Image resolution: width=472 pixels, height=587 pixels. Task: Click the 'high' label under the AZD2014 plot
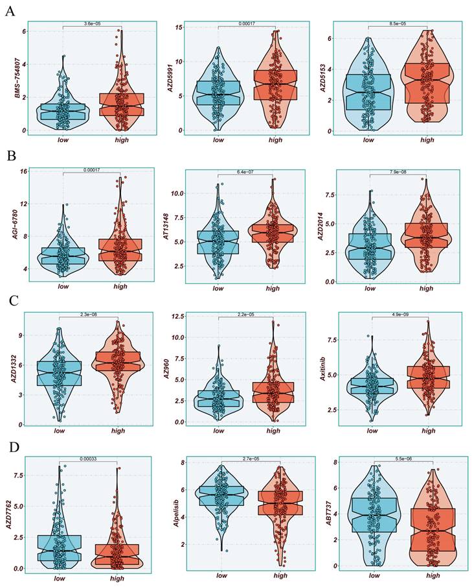[x=425, y=289]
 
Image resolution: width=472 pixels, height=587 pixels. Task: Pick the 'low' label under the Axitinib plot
[x=370, y=431]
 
